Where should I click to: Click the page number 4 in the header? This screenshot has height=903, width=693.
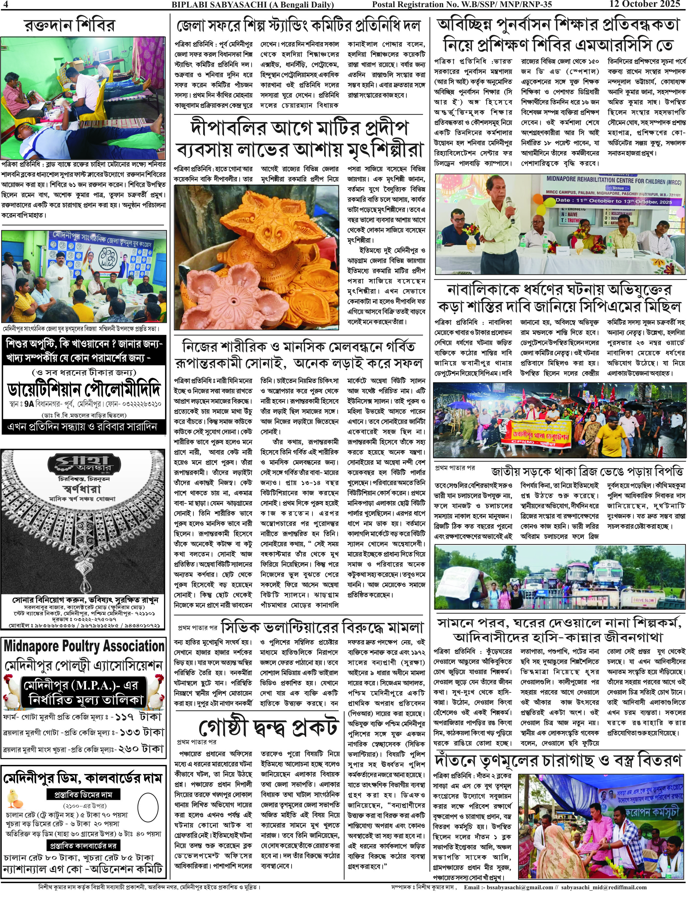4,4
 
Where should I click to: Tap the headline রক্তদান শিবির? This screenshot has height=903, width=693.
69,25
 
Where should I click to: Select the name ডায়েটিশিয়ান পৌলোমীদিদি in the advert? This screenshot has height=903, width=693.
84,389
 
